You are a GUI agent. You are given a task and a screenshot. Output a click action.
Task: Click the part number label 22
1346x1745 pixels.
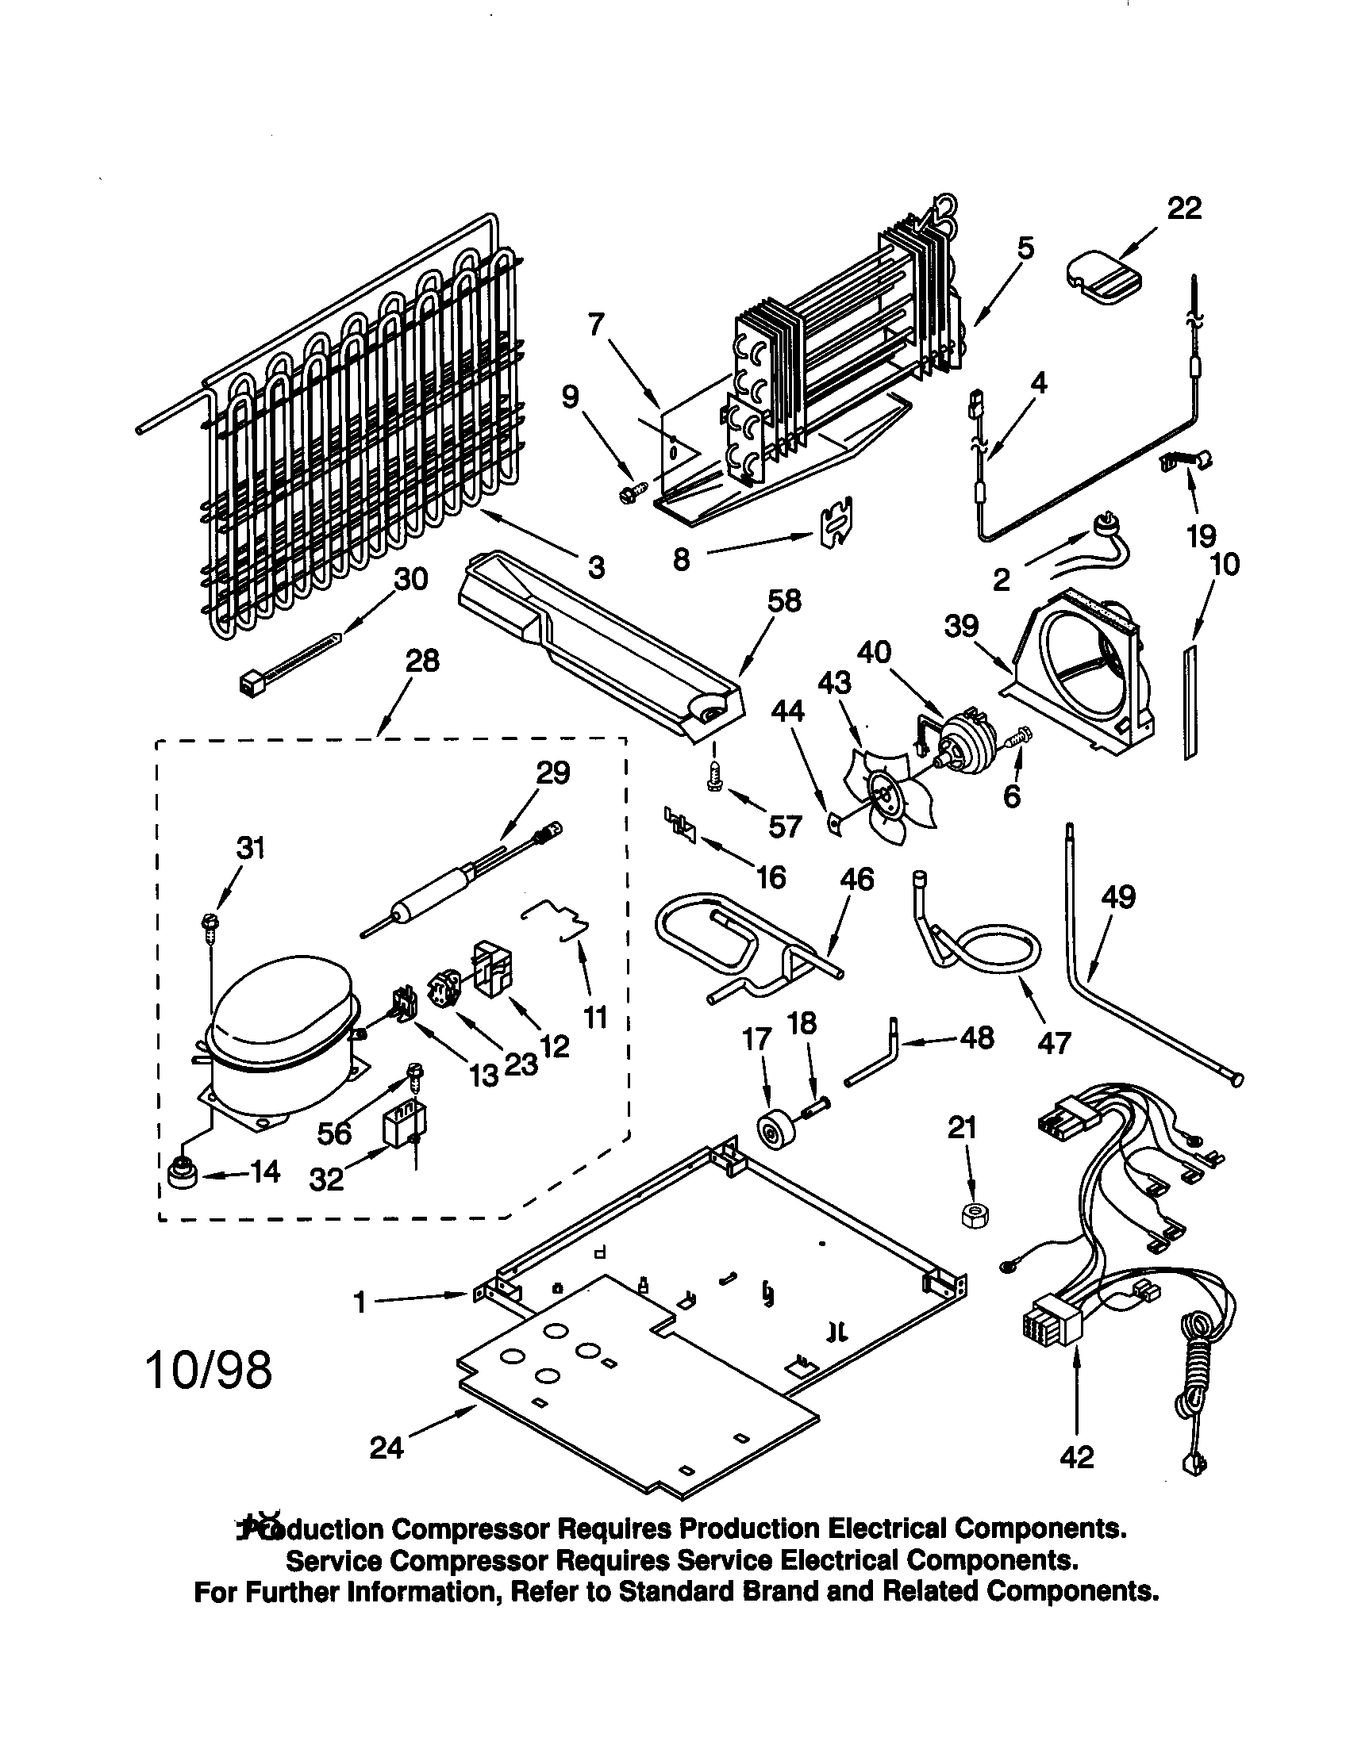pyautogui.click(x=1184, y=209)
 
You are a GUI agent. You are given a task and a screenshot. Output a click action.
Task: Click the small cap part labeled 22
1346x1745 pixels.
pyautogui.click(x=1104, y=277)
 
